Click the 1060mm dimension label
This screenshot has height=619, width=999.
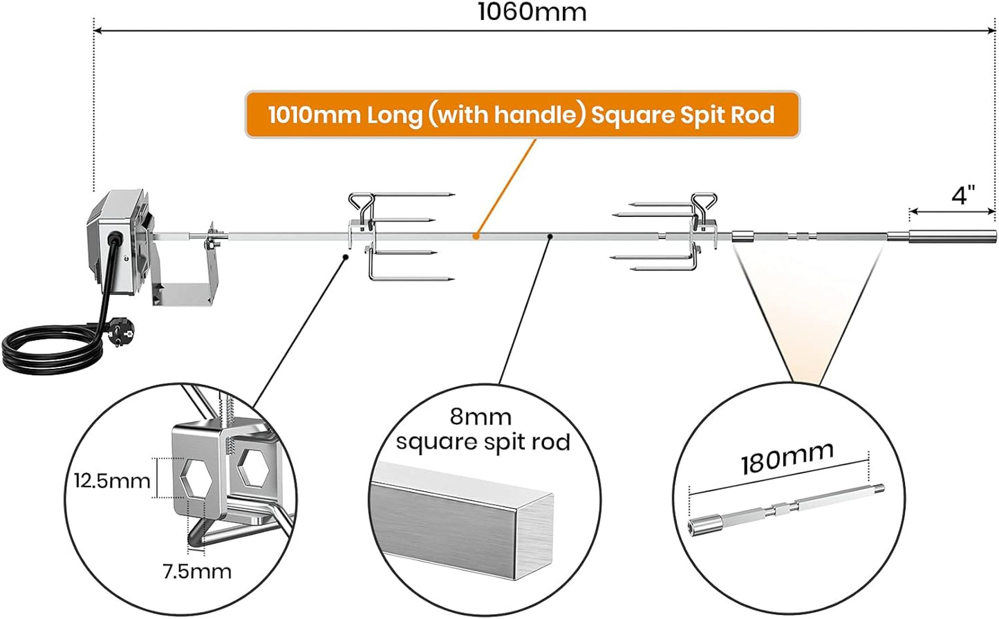532,12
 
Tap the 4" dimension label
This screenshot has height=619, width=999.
963,196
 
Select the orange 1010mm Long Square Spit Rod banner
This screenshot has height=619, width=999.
522,115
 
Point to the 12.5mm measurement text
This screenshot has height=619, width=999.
112,481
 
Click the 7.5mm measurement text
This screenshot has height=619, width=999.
196,571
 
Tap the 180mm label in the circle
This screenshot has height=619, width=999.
787,459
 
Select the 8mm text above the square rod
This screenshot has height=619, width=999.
480,417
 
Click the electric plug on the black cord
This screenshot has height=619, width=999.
120,331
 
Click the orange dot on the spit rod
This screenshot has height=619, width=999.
476,236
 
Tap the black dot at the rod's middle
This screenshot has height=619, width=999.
550,236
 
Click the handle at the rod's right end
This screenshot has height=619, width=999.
952,237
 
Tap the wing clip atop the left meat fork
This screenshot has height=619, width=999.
362,204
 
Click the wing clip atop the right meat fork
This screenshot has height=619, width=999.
704,204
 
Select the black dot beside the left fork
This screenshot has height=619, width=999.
345,257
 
